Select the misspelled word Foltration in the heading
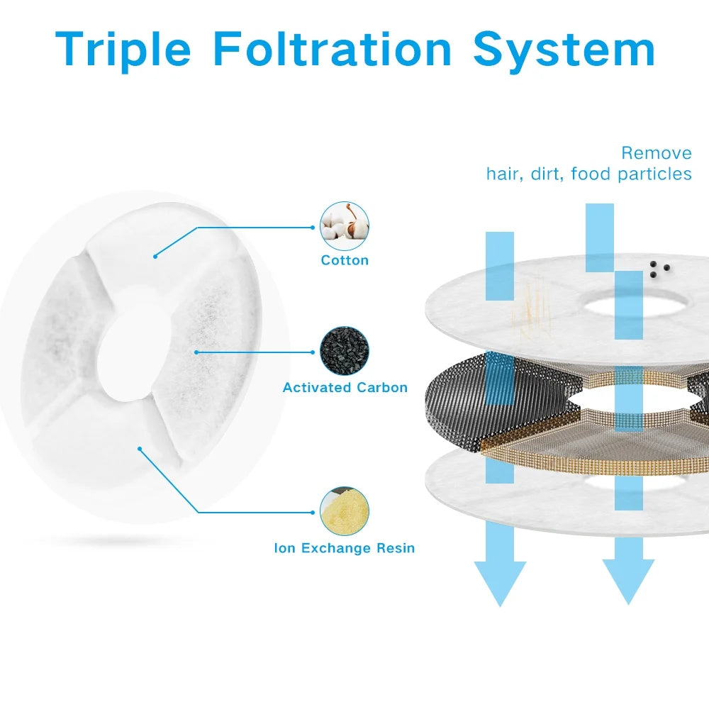[x=333, y=49]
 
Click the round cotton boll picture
[x=345, y=226]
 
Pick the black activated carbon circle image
[x=345, y=352]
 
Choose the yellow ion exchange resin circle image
[x=345, y=511]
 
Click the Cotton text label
[x=345, y=260]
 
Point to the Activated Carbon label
[x=345, y=388]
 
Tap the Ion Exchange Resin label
[x=345, y=548]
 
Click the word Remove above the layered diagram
[x=657, y=153]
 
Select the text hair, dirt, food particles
[x=588, y=174]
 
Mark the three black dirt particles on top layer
[x=659, y=269]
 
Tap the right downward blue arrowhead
[x=628, y=581]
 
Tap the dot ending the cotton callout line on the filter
[x=155, y=257]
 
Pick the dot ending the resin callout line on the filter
[x=140, y=449]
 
